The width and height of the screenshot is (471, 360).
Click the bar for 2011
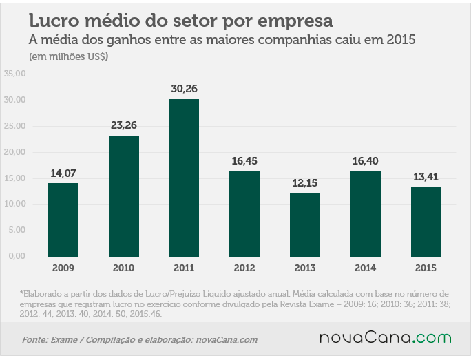(184, 178)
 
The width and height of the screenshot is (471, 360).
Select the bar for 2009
(63, 220)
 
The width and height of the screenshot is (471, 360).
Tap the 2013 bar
(305, 225)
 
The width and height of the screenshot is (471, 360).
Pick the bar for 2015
(426, 222)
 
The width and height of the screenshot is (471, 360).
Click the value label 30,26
(184, 89)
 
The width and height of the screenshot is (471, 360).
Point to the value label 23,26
(124, 125)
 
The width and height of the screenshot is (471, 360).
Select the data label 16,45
(244, 161)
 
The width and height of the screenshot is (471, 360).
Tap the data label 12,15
(305, 183)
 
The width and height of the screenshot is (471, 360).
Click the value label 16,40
(365, 161)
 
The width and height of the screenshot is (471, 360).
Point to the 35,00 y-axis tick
(15, 74)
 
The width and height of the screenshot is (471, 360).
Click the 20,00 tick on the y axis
(15, 152)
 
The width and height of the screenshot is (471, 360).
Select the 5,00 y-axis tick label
(17, 231)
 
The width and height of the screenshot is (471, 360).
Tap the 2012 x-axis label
(244, 268)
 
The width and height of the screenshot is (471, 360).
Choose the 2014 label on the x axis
(365, 268)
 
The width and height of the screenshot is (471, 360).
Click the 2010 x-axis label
(124, 268)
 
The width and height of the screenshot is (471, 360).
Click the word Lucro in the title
(54, 21)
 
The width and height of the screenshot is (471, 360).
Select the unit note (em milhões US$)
(68, 56)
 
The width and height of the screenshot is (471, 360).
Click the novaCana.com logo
(386, 337)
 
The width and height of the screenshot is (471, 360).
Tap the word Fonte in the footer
(34, 340)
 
